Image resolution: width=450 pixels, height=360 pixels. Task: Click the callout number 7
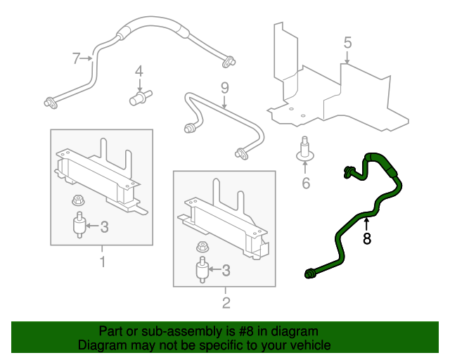click(x=76, y=58)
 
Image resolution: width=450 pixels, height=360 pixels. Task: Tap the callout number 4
click(x=139, y=71)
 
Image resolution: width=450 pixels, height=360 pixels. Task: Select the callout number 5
click(x=347, y=43)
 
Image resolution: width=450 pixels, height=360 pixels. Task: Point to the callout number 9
click(x=225, y=88)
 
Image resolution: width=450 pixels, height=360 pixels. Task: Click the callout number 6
click(x=306, y=183)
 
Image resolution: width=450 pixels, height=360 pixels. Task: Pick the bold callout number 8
click(x=367, y=238)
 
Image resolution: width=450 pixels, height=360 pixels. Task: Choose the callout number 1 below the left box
click(x=102, y=262)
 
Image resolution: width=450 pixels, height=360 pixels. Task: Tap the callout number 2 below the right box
click(x=226, y=302)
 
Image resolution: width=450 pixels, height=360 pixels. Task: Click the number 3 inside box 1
click(x=105, y=227)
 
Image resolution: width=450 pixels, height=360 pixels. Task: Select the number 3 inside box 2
click(x=226, y=271)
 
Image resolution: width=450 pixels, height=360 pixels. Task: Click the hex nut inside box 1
click(x=78, y=200)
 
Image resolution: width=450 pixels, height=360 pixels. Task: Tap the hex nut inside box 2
click(x=202, y=247)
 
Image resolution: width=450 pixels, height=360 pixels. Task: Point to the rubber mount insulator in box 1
click(x=79, y=225)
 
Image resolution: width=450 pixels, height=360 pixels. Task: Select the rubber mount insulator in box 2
click(x=202, y=269)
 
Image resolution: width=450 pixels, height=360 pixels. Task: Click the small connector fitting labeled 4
click(x=141, y=97)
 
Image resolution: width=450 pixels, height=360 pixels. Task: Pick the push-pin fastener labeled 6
click(x=305, y=149)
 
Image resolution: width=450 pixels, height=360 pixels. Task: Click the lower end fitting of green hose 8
click(x=309, y=274)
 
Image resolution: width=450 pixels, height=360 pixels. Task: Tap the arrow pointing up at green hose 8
click(x=366, y=224)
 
